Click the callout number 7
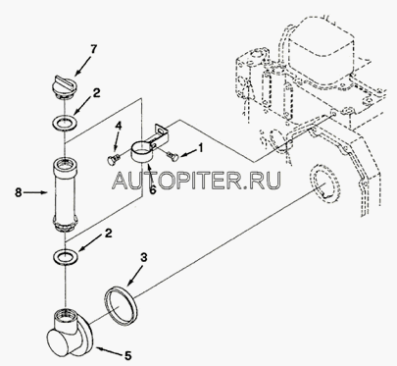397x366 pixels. point(94,50)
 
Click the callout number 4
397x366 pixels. point(119,127)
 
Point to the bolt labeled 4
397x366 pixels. point(113,159)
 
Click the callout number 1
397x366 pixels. point(201,148)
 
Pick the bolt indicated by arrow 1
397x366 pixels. point(172,156)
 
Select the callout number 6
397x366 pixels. point(153,189)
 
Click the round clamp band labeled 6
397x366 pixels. point(143,151)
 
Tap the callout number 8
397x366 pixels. point(19,192)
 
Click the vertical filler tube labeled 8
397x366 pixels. point(65,194)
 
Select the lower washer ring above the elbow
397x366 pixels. point(66,255)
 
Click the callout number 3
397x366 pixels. point(143,258)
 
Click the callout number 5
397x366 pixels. point(127,355)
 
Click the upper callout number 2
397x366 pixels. point(96,93)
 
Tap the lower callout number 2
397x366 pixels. point(108,234)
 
